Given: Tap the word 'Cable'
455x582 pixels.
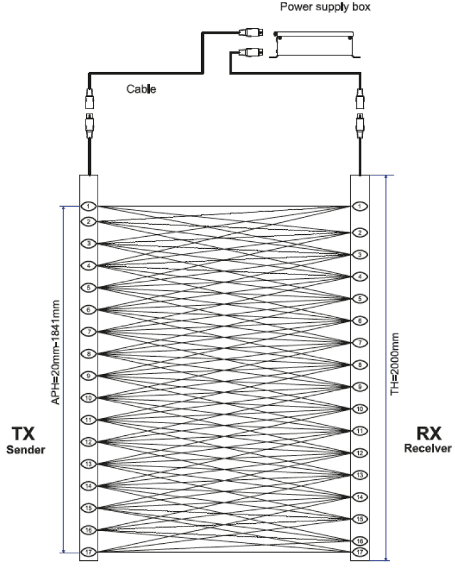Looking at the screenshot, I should click(x=142, y=90).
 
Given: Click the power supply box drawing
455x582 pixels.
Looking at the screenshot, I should click(x=314, y=45).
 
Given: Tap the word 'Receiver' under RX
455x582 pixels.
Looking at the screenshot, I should click(x=427, y=448).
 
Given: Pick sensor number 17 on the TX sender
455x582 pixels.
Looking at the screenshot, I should click(x=88, y=552).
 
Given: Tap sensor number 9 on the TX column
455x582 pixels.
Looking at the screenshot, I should click(x=88, y=375).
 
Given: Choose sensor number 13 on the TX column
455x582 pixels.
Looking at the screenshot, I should click(x=88, y=463).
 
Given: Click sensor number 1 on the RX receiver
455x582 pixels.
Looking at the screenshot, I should click(x=360, y=206).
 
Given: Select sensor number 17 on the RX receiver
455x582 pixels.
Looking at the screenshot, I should click(x=360, y=552).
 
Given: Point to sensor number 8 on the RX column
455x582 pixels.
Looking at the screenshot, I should click(x=360, y=364).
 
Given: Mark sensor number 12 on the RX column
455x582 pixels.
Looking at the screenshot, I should click(x=360, y=453).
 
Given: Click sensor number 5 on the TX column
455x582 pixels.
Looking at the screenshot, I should click(x=88, y=287).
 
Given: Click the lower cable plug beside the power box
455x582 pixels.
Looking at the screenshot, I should click(x=248, y=53).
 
